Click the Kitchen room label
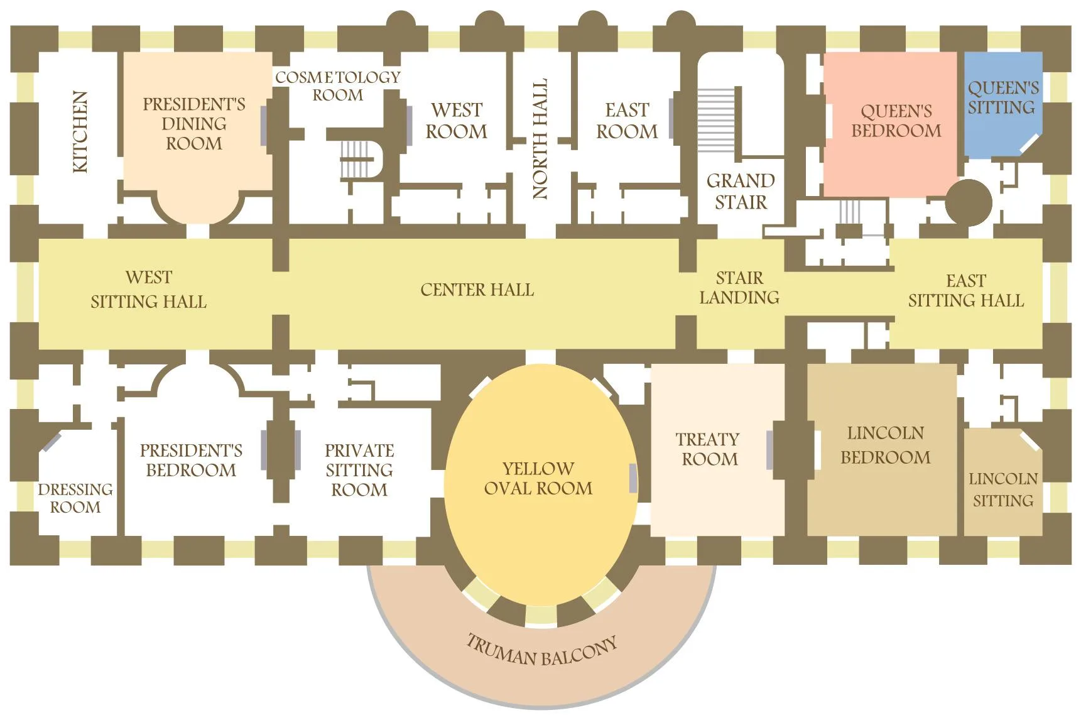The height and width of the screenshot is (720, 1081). coord(80,132)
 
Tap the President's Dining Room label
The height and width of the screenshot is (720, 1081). coord(194,124)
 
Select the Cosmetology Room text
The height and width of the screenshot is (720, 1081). coord(338,86)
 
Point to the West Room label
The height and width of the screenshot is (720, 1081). coord(457,121)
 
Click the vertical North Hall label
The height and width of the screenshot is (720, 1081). coord(540,139)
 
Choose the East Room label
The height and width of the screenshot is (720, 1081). coord(627,121)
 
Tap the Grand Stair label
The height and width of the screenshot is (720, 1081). coord(741,192)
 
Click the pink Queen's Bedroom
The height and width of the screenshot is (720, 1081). coord(891,124)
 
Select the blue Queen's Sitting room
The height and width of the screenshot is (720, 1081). coord(1003,104)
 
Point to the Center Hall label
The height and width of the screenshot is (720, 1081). coord(477,290)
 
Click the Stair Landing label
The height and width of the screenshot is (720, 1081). coord(740,288)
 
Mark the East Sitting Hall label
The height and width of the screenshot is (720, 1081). coord(966,290)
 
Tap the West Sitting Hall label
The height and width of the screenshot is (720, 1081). coord(149,290)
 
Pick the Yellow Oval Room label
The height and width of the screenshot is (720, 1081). coord(538,478)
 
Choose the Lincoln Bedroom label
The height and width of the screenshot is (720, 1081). coord(886,445)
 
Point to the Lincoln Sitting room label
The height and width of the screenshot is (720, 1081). coord(1003,489)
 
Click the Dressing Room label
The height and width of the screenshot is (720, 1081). coord(75,498)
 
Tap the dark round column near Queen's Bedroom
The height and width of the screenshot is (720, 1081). coord(969,202)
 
